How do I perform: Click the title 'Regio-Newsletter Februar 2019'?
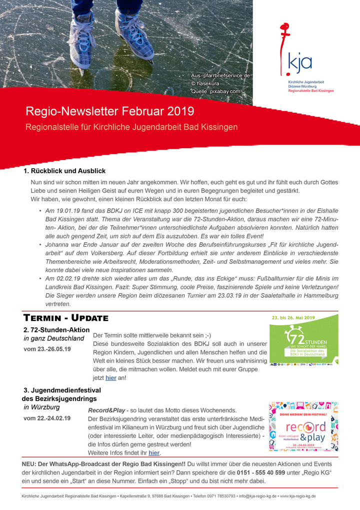109,111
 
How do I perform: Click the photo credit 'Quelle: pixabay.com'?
215,92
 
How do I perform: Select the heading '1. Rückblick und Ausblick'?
64,171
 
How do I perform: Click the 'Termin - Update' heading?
66,318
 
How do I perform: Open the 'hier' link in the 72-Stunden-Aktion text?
110,378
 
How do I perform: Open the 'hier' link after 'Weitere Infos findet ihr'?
154,453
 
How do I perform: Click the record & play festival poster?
303,426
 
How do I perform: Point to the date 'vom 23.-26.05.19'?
47,349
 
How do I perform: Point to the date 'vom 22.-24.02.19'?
47,418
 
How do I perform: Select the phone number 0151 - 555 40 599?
261,472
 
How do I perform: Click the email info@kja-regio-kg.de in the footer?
258,496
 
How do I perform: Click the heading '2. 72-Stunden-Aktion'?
56,330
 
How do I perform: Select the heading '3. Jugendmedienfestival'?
62,390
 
